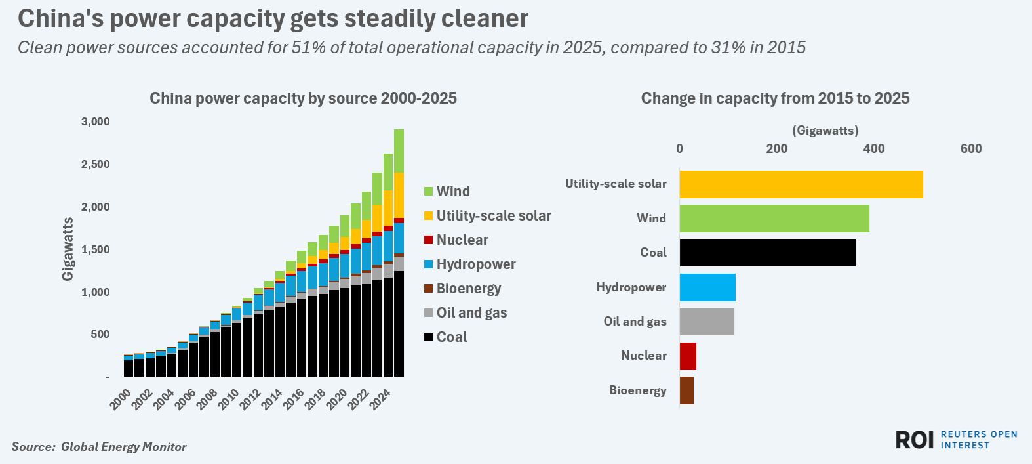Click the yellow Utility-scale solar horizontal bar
(x=801, y=184)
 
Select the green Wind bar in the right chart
(x=774, y=219)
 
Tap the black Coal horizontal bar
(x=767, y=253)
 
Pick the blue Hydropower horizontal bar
(x=707, y=287)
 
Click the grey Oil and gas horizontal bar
(x=706, y=322)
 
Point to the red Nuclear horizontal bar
(x=687, y=356)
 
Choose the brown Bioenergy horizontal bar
(x=686, y=390)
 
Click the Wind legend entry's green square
(x=428, y=192)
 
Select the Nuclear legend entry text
(x=462, y=240)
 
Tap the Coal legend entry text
(x=452, y=337)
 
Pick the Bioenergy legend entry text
(x=469, y=289)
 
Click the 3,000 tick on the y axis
(x=96, y=122)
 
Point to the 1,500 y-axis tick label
(x=96, y=250)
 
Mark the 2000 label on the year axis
(x=121, y=399)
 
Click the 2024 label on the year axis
(x=381, y=399)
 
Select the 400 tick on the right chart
(x=873, y=148)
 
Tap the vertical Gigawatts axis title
(x=68, y=249)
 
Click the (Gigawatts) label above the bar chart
(x=825, y=131)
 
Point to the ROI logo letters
(x=914, y=440)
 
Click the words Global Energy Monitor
(x=123, y=447)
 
